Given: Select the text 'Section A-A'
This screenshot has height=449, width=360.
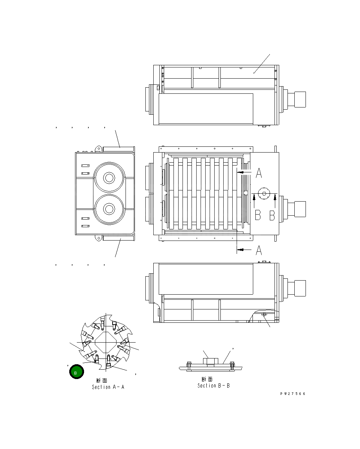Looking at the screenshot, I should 108,387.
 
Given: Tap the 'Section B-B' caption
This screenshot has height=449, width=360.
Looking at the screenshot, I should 213,386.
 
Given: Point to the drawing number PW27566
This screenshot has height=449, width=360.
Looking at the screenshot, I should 293,393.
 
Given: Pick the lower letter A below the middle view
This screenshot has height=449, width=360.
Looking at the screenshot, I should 259,250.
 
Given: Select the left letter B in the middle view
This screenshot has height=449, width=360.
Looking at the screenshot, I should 258,215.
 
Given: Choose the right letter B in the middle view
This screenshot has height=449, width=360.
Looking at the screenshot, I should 272,215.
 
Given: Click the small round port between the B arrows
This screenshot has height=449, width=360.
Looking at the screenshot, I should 264,193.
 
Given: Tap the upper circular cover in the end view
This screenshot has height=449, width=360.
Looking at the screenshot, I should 109,178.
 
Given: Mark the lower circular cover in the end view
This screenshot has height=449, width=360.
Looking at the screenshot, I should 109,209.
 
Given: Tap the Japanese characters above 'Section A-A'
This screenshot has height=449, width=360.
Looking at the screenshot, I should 102,380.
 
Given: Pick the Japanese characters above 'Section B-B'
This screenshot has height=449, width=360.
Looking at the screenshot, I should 207,379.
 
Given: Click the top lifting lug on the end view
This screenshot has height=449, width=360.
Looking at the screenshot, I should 98,148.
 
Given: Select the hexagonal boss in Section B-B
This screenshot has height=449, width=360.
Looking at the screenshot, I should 209,361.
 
